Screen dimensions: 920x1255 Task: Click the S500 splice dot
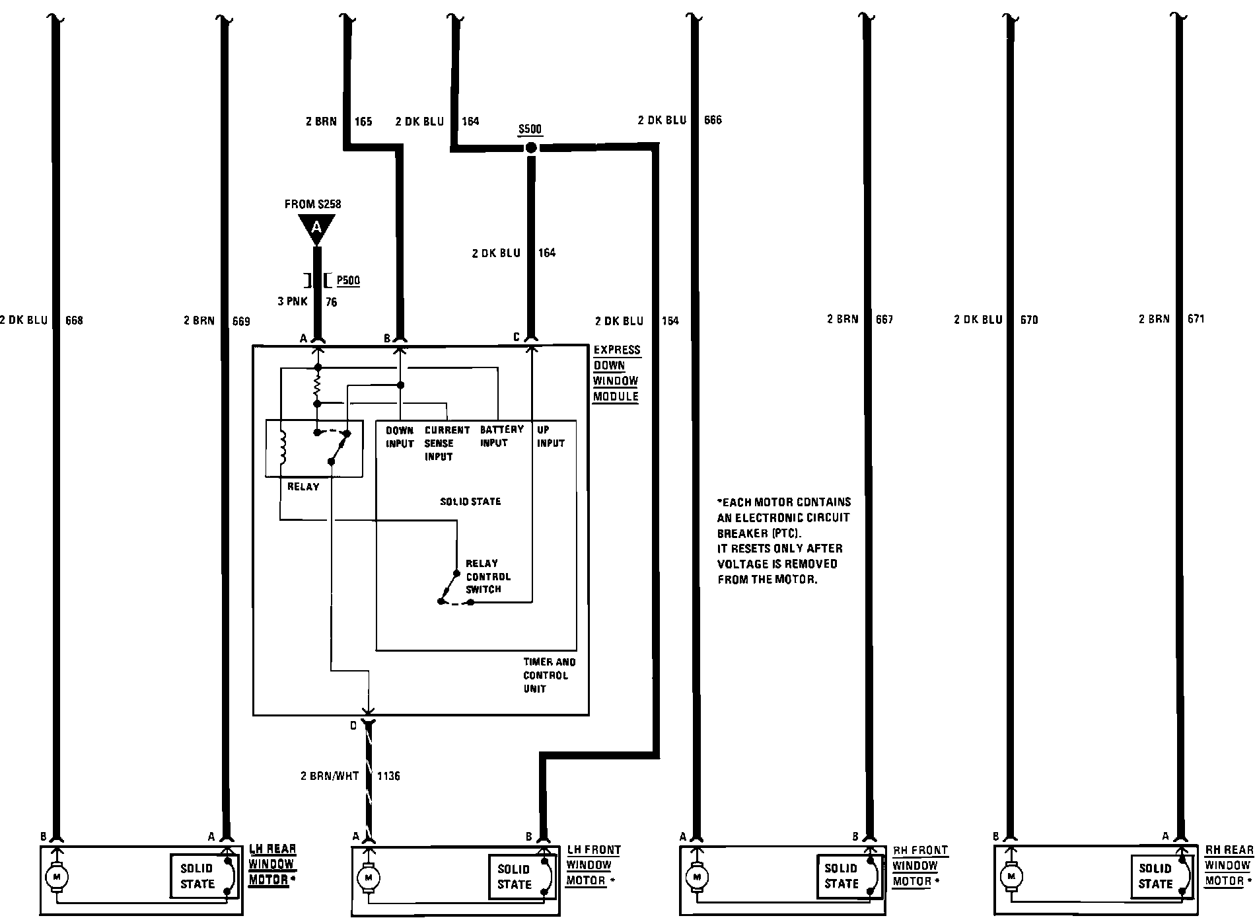(x=531, y=147)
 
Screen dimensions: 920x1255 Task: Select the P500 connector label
(x=348, y=280)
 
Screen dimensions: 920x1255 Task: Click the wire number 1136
(x=388, y=775)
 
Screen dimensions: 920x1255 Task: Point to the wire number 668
(x=74, y=321)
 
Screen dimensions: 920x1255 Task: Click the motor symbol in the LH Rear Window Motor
(x=56, y=876)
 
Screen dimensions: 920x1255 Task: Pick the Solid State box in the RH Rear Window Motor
(x=1155, y=876)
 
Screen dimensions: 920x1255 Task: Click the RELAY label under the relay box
(x=303, y=486)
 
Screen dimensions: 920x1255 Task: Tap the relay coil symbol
(x=284, y=447)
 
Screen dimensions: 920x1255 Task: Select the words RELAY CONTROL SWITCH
(x=487, y=576)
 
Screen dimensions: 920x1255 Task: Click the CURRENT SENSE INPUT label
(x=447, y=443)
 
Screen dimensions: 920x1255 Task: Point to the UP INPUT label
(x=550, y=436)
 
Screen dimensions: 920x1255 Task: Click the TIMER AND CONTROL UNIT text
(x=549, y=675)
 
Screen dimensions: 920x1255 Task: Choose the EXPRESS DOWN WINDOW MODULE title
(x=616, y=373)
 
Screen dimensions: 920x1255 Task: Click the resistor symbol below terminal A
(x=317, y=385)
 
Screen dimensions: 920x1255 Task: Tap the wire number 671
(x=1195, y=319)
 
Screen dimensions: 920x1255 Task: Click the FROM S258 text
(x=313, y=204)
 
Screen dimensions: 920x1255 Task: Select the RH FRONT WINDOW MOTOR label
(x=919, y=865)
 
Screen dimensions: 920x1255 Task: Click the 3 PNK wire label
(x=292, y=302)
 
